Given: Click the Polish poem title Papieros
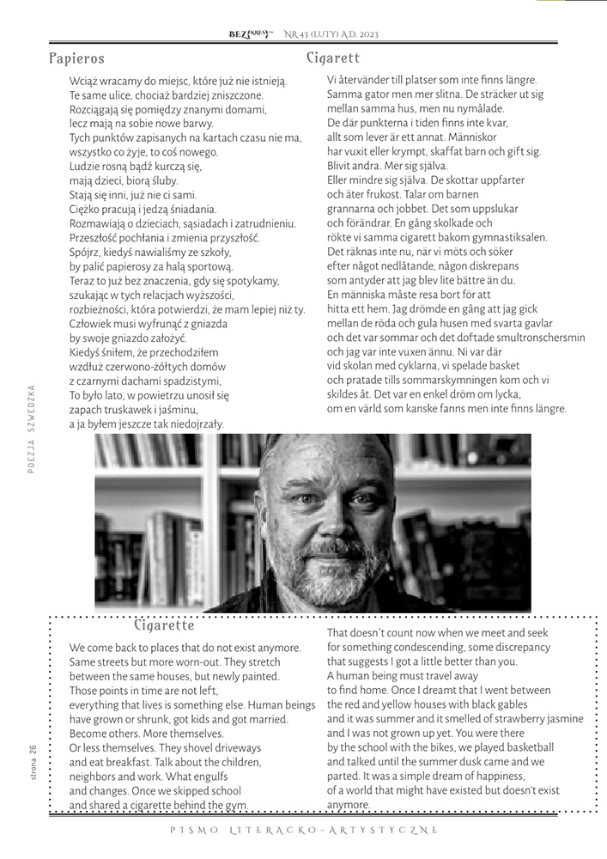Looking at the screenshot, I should coord(76,58).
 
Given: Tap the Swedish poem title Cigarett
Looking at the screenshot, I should coord(332,58).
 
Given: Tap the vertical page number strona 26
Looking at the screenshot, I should coord(32,762).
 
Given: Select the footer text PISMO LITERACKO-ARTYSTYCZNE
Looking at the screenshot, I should coord(304,830).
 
